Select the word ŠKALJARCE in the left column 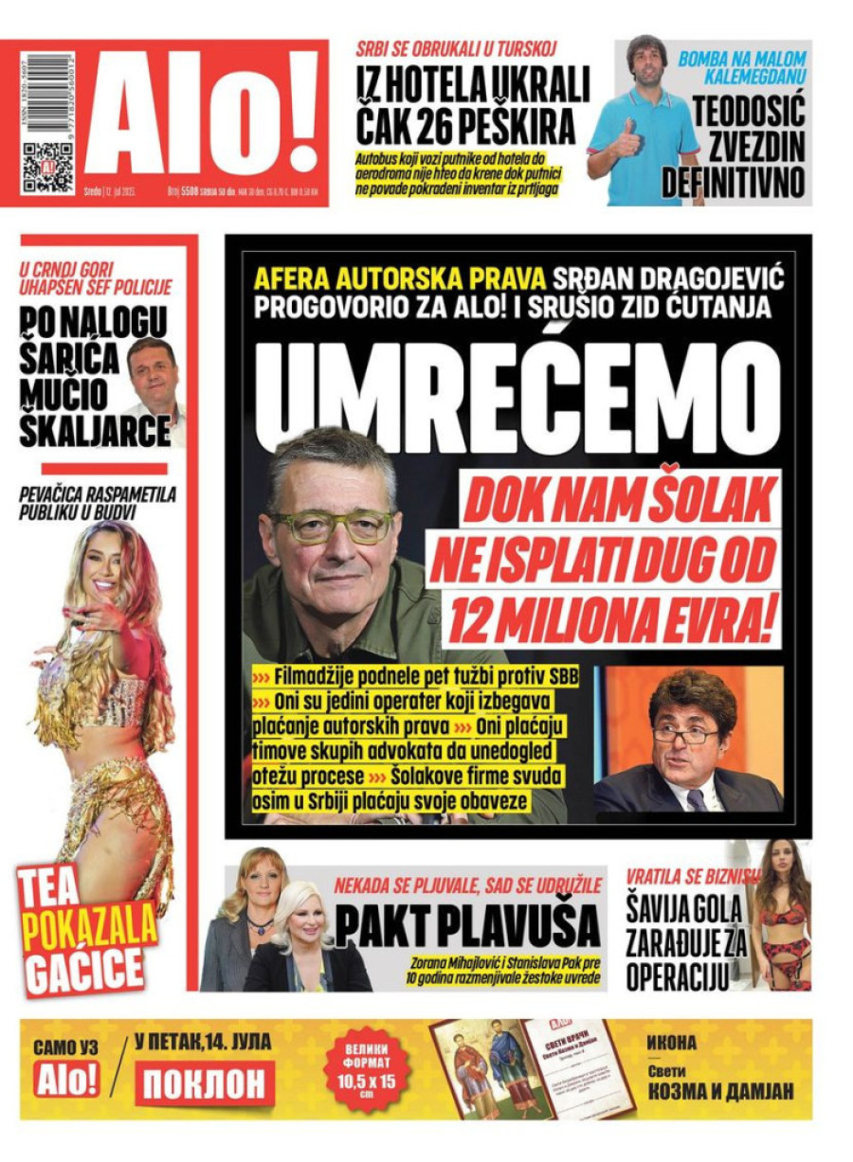point(95,432)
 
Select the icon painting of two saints point(477,1069)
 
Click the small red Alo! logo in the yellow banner point(67,1080)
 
